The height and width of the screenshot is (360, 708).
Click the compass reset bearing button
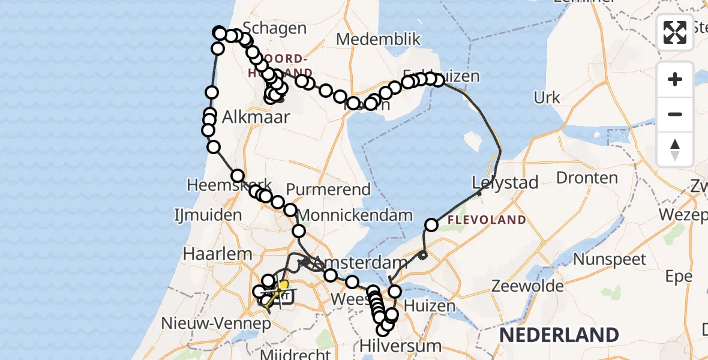click(x=675, y=149)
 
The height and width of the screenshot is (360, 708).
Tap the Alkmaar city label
click(x=256, y=117)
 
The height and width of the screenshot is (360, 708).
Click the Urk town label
click(x=547, y=97)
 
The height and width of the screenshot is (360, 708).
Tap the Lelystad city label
click(x=505, y=182)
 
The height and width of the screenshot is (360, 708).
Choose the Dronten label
click(x=587, y=178)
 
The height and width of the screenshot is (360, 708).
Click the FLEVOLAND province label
click(x=487, y=220)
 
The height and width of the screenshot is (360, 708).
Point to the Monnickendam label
click(x=355, y=215)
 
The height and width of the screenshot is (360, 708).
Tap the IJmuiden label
click(x=208, y=215)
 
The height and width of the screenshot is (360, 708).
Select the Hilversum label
click(x=400, y=346)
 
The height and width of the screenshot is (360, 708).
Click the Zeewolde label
click(x=527, y=286)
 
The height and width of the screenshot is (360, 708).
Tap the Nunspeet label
click(x=610, y=260)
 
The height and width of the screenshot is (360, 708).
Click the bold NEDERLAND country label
click(x=559, y=335)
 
